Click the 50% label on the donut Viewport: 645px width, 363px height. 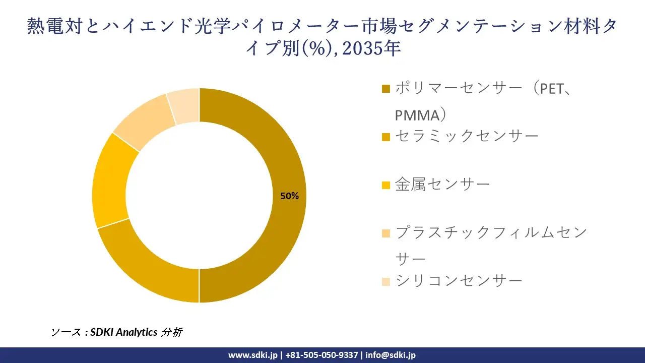(x=289, y=196)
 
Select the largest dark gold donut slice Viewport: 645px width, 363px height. (x=282, y=151)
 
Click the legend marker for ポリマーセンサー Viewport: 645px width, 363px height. (x=386, y=89)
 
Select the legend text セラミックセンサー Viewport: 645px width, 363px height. (x=467, y=136)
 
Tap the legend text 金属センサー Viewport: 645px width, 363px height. (x=442, y=185)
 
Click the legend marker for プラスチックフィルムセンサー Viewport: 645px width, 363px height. (x=386, y=233)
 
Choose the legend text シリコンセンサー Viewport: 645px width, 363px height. (x=459, y=281)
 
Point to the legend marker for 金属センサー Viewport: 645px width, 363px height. (x=386, y=185)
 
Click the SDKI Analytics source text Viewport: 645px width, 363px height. (x=124, y=332)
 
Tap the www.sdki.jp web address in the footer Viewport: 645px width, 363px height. (x=252, y=355)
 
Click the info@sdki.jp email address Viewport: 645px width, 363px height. (x=391, y=355)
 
